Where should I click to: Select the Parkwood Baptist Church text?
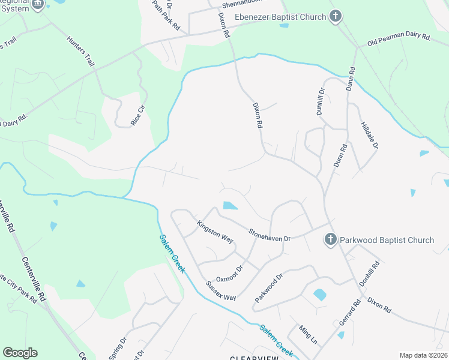(x=387, y=240)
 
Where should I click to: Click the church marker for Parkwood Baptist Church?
(x=330, y=240)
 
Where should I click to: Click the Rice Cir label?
(x=139, y=115)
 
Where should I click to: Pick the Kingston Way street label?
(x=215, y=232)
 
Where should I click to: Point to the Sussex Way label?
(x=221, y=290)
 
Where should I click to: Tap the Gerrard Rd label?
(x=349, y=313)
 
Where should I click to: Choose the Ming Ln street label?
(x=309, y=335)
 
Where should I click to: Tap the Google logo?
(x=20, y=353)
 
